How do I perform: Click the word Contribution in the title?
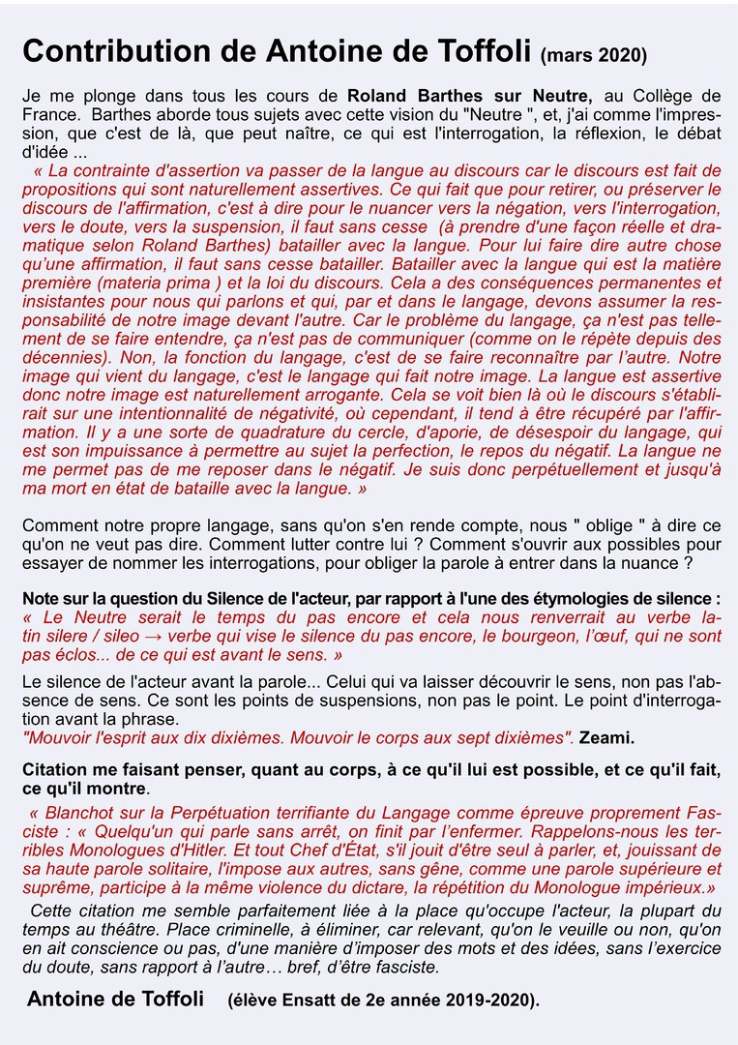[104, 51]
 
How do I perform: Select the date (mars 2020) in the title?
[595, 54]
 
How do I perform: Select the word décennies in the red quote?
[64, 357]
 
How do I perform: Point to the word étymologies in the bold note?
[598, 598]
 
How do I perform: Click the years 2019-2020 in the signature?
[484, 1000]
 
